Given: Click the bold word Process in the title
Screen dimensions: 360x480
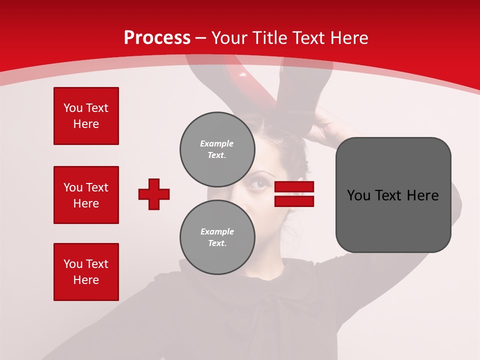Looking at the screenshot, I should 157,38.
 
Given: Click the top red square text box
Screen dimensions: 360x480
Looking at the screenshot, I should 86,116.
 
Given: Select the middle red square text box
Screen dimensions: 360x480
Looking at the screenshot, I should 86,195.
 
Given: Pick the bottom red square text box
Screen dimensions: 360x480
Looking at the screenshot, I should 86,272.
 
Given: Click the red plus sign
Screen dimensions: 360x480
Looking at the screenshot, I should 154,194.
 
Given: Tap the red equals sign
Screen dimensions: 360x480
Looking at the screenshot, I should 294,194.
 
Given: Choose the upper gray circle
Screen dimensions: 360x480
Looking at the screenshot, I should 217,149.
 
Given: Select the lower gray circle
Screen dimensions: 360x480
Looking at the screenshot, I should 217,237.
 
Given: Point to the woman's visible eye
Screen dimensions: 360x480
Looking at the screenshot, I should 258,184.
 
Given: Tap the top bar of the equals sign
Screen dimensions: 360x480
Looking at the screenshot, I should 294,187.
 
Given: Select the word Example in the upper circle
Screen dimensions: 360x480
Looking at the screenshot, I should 217,143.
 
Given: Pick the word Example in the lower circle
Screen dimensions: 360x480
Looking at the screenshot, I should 217,231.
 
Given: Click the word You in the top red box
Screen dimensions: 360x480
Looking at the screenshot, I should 72,108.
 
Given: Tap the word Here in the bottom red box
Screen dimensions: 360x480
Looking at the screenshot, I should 86,280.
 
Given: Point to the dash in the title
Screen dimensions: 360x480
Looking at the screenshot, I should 201,38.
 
